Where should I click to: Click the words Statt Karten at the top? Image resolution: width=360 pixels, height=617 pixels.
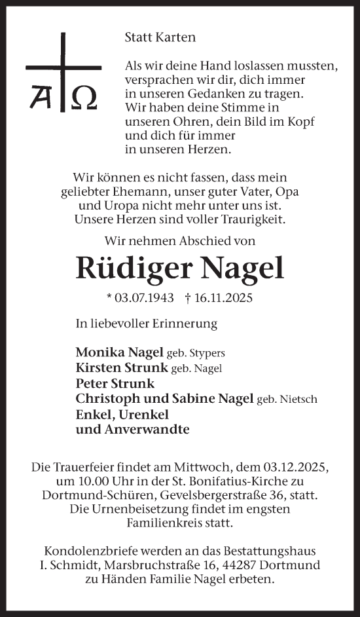pyautogui.click(x=160, y=37)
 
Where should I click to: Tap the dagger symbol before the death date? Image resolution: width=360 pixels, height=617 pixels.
pyautogui.click(x=188, y=298)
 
